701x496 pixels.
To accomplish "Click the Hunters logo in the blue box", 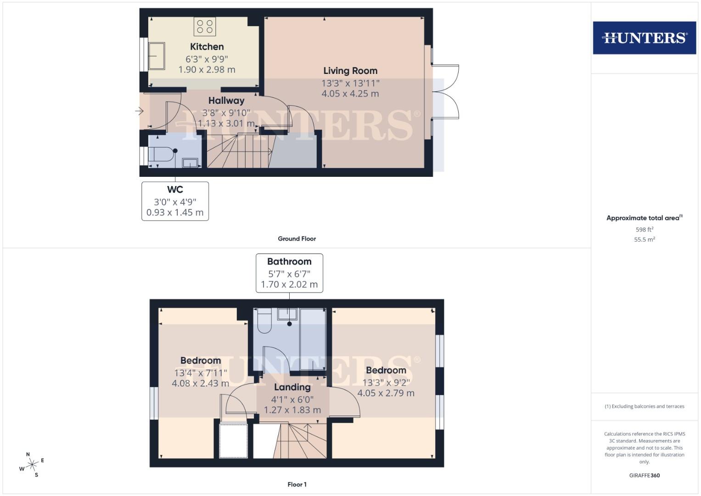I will (644, 38).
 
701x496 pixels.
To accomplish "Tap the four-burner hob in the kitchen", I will (205, 26).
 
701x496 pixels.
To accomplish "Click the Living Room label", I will (350, 71).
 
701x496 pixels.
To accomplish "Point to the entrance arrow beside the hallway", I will (140, 111).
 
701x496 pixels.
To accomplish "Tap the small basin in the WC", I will (190, 162).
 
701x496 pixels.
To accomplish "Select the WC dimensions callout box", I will (175, 201).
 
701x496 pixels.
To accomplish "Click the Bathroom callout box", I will (289, 273).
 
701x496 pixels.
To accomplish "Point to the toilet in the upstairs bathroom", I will (265, 320).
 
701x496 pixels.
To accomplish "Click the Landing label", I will (292, 387).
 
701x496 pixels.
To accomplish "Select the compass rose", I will (32, 465).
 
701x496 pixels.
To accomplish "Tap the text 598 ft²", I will (644, 229).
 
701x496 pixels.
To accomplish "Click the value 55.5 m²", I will (644, 239).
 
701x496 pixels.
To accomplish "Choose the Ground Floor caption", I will (297, 239).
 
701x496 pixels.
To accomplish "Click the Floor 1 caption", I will (297, 484).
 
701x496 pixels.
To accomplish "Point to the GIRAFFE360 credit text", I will (644, 475).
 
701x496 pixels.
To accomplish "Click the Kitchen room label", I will (207, 47).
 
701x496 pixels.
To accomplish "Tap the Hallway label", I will (226, 101).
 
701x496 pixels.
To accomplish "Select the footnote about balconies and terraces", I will (644, 406).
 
